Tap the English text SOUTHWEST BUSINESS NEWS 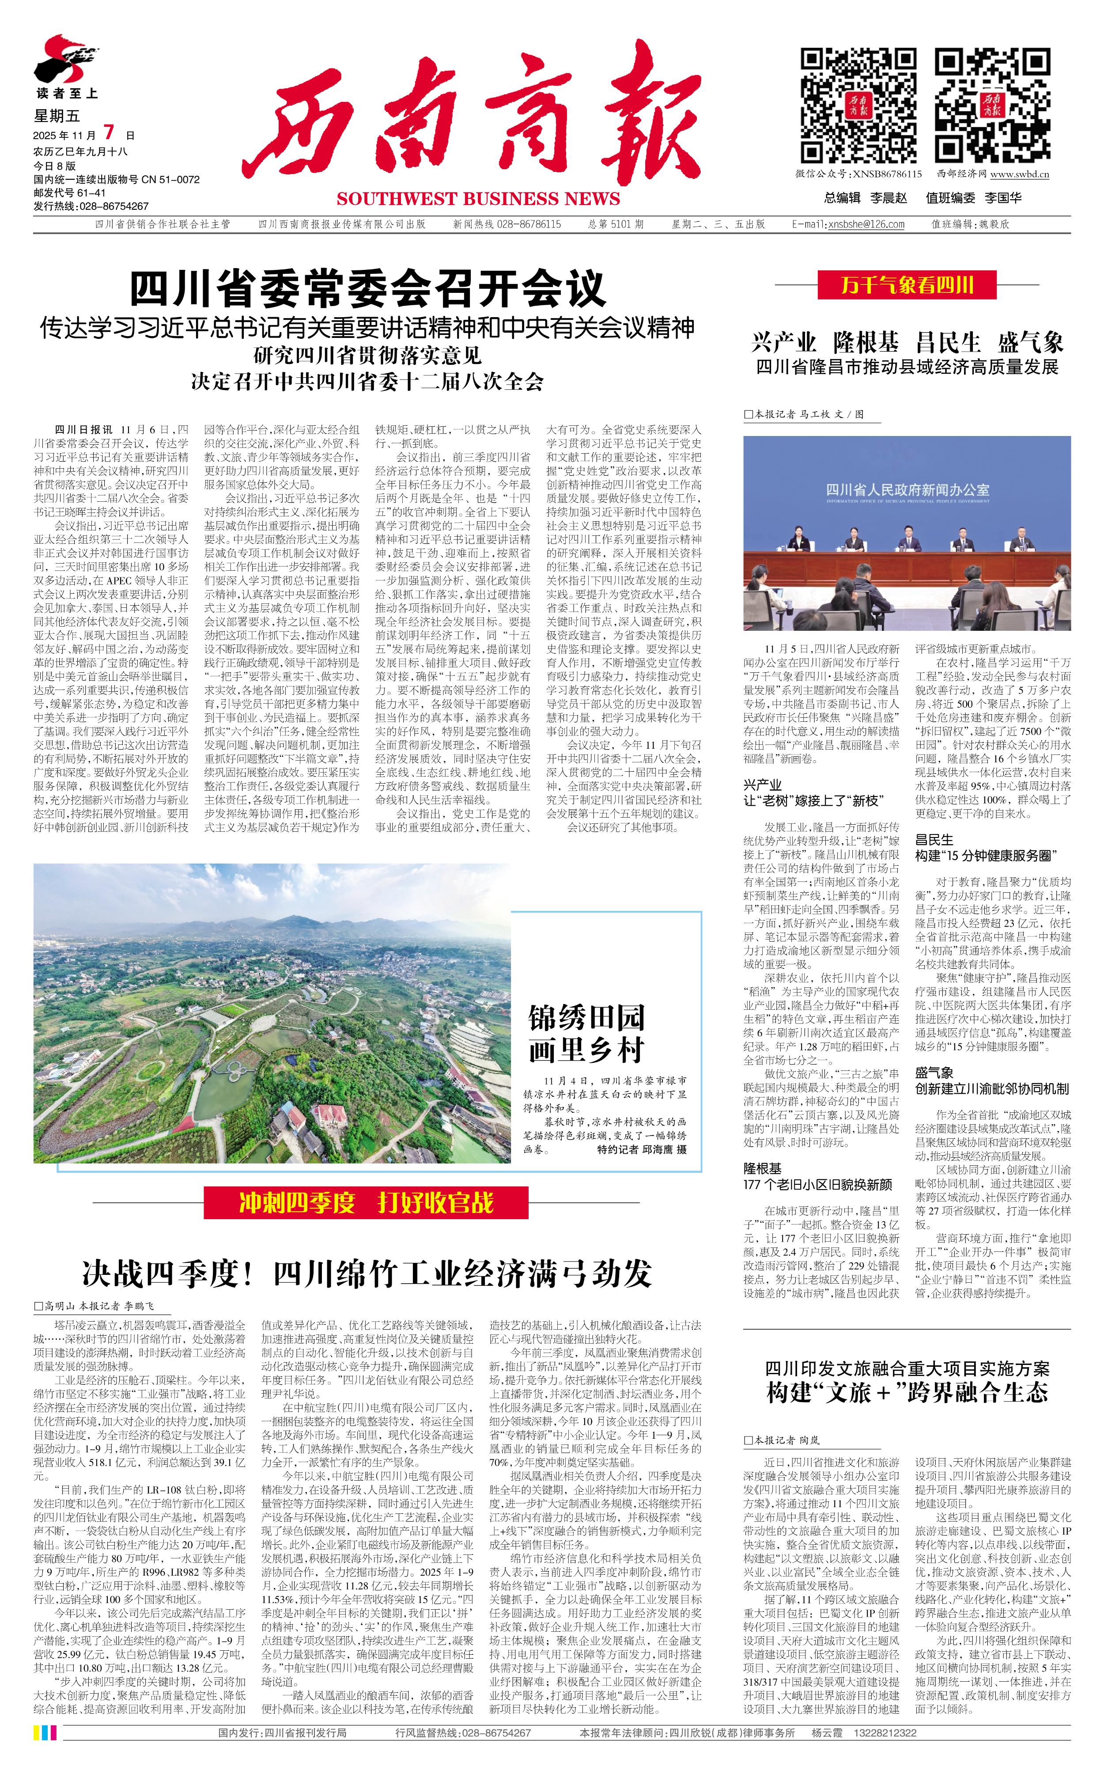[x=478, y=199]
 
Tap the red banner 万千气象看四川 [x=907, y=284]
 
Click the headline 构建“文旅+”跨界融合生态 [x=907, y=1392]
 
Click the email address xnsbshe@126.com [x=866, y=224]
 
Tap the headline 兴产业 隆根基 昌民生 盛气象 [x=907, y=342]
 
